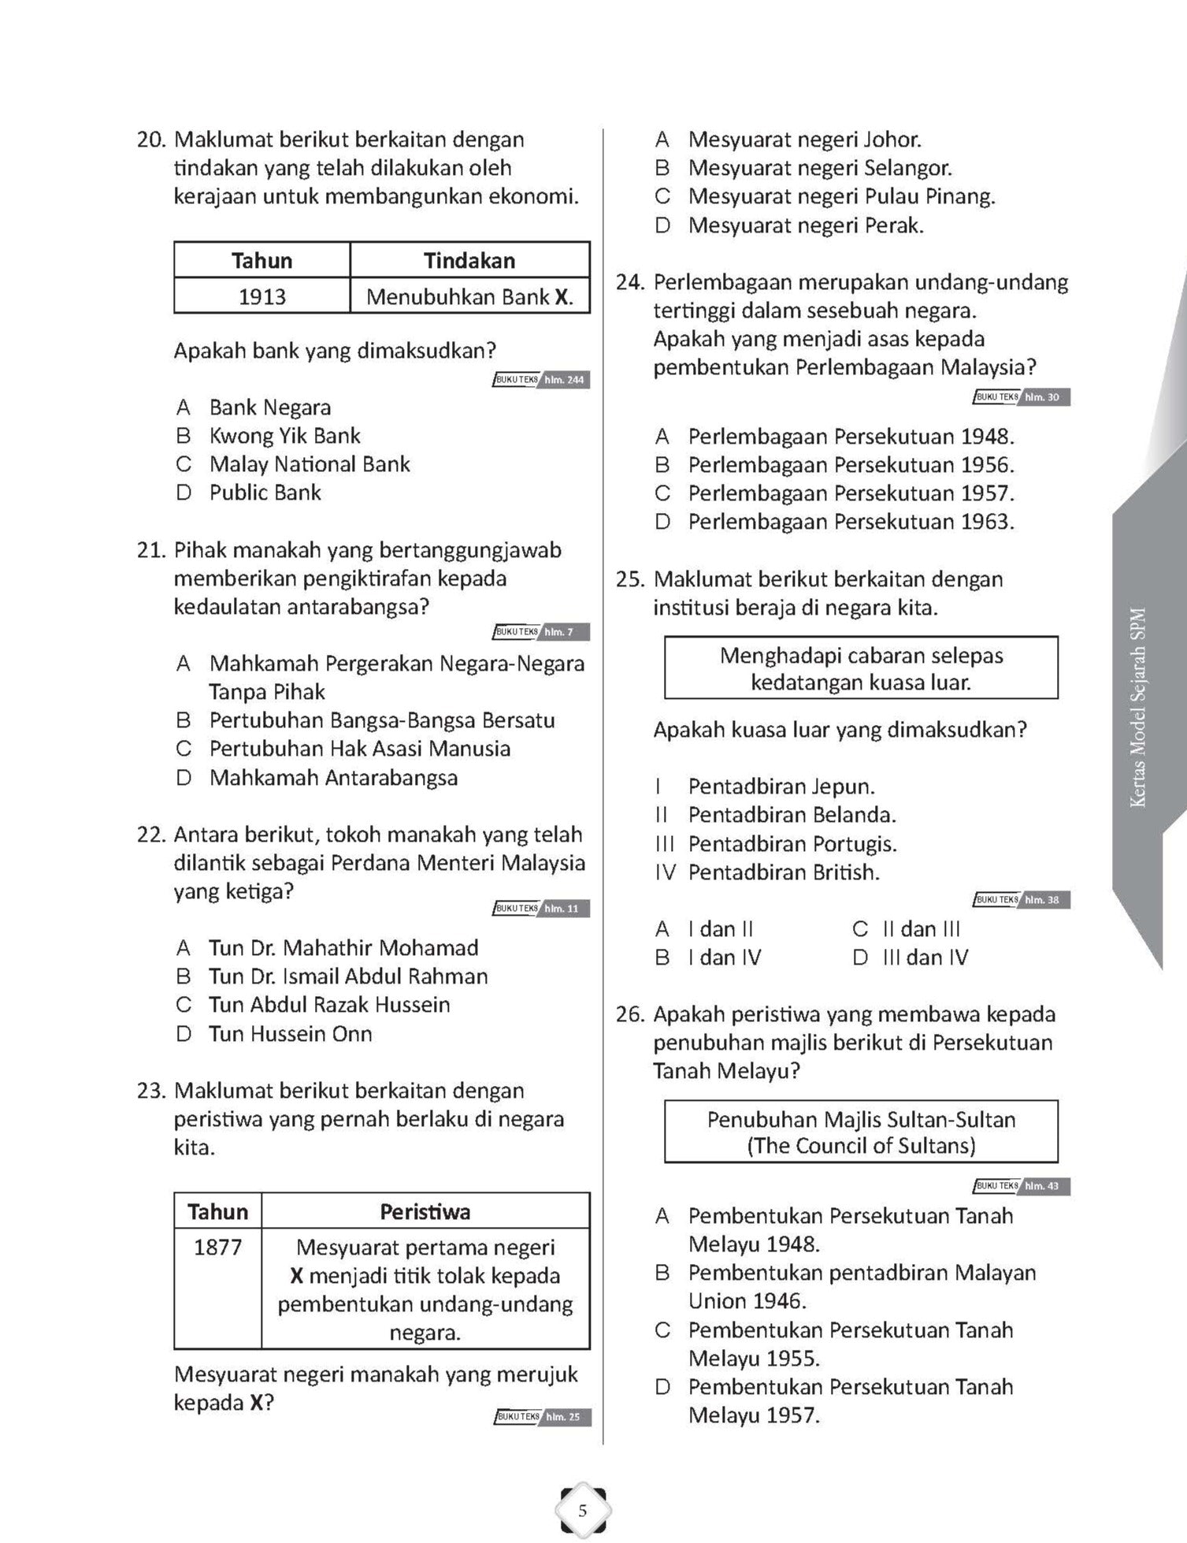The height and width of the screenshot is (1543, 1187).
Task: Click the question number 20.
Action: point(150,140)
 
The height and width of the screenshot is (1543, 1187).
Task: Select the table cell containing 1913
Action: point(262,297)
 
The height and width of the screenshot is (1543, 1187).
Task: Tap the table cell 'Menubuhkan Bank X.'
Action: point(469,297)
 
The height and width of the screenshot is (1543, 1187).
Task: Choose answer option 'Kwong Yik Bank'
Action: point(284,436)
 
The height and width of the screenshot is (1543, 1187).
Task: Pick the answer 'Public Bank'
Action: point(265,493)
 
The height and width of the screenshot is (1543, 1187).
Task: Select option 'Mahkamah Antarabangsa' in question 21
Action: point(333,778)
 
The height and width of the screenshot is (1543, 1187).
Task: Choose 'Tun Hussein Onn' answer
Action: point(290,1034)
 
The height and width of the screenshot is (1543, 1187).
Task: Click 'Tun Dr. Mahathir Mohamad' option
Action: point(343,948)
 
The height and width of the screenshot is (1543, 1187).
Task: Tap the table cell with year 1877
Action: point(217,1247)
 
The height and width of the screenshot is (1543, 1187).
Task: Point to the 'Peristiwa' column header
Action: point(425,1211)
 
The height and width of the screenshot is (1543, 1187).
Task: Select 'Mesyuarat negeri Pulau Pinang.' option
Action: point(841,197)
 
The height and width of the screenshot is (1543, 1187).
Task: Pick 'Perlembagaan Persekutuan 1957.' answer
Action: point(851,493)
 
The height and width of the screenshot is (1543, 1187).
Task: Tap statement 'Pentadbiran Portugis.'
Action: point(792,844)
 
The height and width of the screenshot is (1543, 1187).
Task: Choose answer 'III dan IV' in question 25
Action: point(925,957)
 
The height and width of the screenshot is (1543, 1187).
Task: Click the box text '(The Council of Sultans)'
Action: point(861,1146)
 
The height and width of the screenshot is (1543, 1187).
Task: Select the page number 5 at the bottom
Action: point(583,1511)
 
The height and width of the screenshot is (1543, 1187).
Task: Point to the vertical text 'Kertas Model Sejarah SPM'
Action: point(1138,708)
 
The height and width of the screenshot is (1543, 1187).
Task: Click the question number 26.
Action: point(631,1015)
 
